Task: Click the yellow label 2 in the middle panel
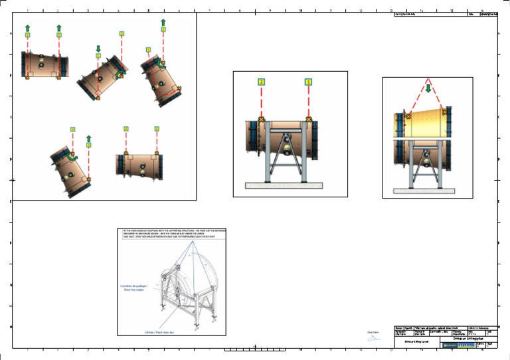(x=262, y=82)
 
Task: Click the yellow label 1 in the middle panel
(x=308, y=82)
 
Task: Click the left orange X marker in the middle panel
(x=262, y=119)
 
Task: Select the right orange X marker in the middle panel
(x=308, y=119)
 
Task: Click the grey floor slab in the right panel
(x=423, y=191)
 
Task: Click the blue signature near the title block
(x=375, y=339)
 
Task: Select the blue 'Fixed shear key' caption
(x=159, y=332)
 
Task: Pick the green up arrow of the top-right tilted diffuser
(x=163, y=23)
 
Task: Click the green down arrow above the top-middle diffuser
(x=98, y=48)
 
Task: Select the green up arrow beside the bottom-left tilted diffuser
(x=88, y=139)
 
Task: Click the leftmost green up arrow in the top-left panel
(x=28, y=27)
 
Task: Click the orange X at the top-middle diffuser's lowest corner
(x=98, y=98)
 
